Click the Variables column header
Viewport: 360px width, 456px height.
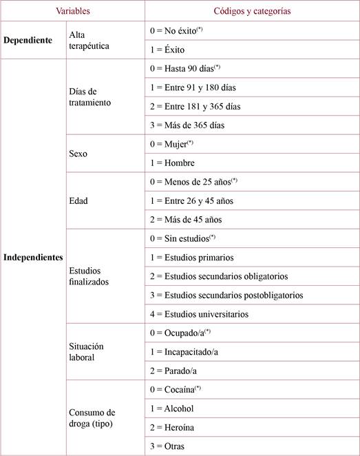click(72, 12)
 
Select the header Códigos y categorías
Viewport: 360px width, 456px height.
click(252, 12)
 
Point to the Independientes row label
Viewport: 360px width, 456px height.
click(33, 258)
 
